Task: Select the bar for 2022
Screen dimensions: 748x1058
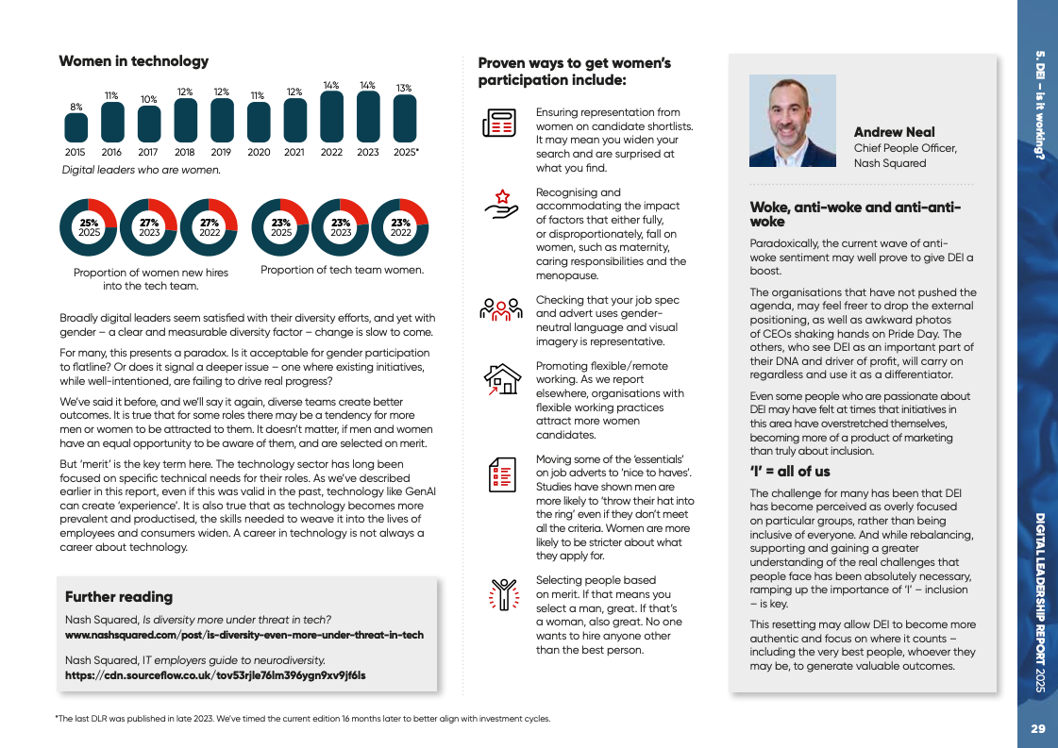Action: click(331, 118)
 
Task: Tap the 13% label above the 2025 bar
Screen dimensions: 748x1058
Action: click(404, 88)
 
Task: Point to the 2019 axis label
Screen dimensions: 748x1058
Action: click(222, 152)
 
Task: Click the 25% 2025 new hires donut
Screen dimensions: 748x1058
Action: click(89, 227)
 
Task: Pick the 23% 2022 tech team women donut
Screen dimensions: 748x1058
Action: click(400, 227)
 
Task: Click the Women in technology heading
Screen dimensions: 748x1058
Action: click(134, 61)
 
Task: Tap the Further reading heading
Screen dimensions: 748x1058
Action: click(119, 597)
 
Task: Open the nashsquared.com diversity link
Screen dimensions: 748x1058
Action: click(244, 635)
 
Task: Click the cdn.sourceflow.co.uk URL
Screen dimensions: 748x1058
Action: click(215, 675)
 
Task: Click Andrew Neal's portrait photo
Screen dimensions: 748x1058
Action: click(792, 121)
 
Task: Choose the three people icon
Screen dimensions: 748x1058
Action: click(501, 308)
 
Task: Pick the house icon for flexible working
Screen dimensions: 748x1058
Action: click(502, 377)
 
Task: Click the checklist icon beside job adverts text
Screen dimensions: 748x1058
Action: click(501, 474)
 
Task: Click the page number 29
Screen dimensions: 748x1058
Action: click(1037, 728)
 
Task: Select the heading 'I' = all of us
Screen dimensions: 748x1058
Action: click(790, 471)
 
